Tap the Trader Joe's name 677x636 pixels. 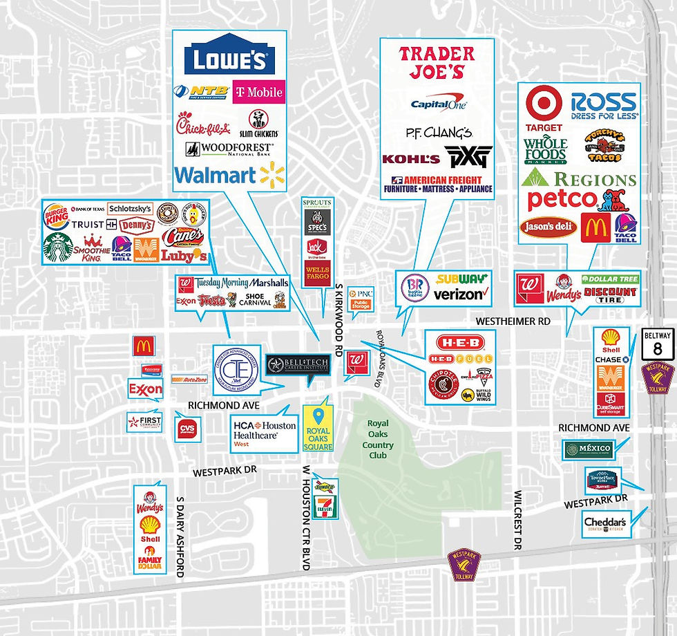point(437,62)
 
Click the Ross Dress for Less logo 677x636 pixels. point(604,104)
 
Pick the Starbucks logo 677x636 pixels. point(58,247)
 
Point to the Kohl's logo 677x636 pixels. point(411,159)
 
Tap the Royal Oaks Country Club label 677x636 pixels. point(378,440)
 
